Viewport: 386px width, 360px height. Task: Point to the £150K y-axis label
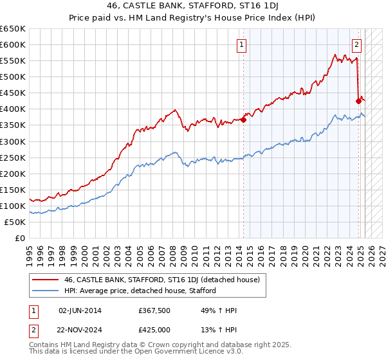coord(13,190)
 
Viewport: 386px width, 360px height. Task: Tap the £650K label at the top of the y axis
coord(13,28)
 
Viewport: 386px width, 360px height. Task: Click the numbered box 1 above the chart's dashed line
coord(241,44)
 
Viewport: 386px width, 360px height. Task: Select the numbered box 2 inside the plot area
coord(356,44)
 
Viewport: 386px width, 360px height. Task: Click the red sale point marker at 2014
coord(244,119)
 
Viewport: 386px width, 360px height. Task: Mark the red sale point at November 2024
coord(359,100)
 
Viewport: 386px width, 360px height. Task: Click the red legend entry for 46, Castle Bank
coord(161,280)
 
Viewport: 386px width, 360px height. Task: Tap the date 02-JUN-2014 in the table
coord(80,310)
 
